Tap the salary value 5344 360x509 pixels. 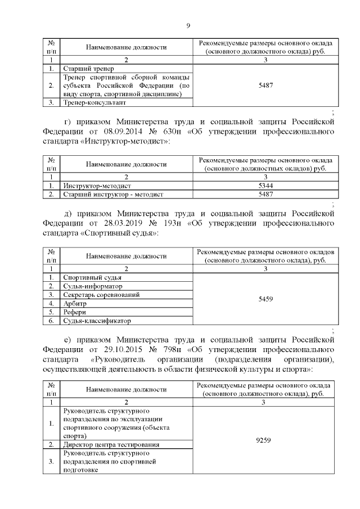265,185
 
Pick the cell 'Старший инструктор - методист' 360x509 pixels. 113,194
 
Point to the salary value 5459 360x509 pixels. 265,299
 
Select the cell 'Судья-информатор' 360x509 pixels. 92,286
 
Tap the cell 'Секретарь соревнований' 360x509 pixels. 101,295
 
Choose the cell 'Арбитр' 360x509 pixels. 75,304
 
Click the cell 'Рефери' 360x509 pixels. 75,312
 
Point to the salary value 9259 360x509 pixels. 265,440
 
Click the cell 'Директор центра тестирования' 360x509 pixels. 111,444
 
